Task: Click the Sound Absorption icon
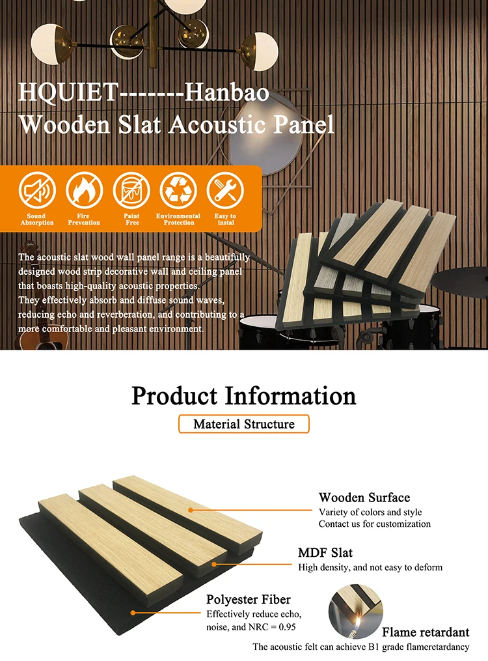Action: click(x=37, y=190)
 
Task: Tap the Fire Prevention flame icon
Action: click(x=84, y=190)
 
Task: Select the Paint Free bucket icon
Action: click(x=131, y=190)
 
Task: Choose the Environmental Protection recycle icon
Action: click(x=178, y=190)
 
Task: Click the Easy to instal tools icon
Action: click(x=225, y=190)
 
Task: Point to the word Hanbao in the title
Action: click(x=227, y=93)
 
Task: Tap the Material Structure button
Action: click(x=244, y=424)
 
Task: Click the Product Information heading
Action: click(x=244, y=395)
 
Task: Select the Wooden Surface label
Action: click(x=364, y=498)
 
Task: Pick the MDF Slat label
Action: click(x=325, y=553)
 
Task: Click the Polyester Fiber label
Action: click(x=249, y=599)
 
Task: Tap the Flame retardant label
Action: click(x=426, y=632)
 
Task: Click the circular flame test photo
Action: click(x=355, y=610)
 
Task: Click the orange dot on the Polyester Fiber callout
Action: click(x=133, y=613)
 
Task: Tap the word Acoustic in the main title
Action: click(x=218, y=124)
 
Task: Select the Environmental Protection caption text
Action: click(x=178, y=219)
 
